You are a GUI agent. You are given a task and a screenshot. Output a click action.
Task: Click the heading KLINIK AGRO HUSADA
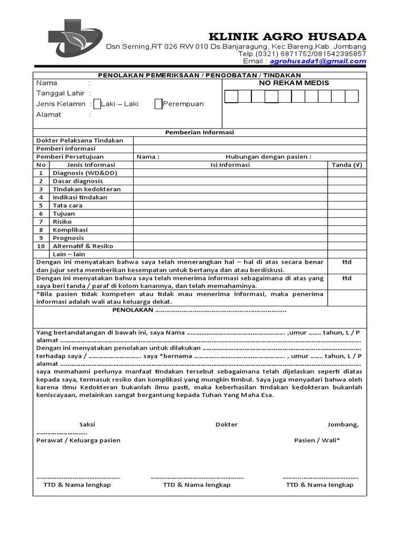pos(288,36)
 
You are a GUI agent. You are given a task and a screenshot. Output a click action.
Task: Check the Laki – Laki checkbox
pos(97,104)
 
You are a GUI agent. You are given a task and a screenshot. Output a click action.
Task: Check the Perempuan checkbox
pos(158,104)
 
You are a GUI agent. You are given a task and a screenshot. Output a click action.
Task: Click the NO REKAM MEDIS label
pos(294,83)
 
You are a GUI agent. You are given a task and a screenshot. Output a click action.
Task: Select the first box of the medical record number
pos(231,96)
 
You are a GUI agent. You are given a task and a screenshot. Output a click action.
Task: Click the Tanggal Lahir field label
pos(56,93)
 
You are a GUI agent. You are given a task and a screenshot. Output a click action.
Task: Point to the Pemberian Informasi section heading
pos(199,133)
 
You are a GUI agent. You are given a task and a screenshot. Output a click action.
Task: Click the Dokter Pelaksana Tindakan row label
pos(79,141)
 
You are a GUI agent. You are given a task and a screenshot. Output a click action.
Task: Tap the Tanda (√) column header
pos(347,165)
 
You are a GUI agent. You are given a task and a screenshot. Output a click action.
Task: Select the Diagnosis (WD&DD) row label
pos(85,173)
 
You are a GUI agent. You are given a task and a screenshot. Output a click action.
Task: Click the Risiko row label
pos(63,222)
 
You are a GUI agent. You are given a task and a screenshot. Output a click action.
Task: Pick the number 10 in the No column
pos(41,246)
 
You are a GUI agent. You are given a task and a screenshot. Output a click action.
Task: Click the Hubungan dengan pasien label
pos(268,157)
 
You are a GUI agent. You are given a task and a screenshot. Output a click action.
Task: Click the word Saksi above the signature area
pos(87,424)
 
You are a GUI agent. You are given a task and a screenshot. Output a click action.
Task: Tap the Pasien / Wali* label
pos(317,440)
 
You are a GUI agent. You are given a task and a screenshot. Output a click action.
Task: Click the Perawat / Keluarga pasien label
pos(78,440)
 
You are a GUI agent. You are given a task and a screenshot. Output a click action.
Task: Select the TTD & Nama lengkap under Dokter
pos(197,485)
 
